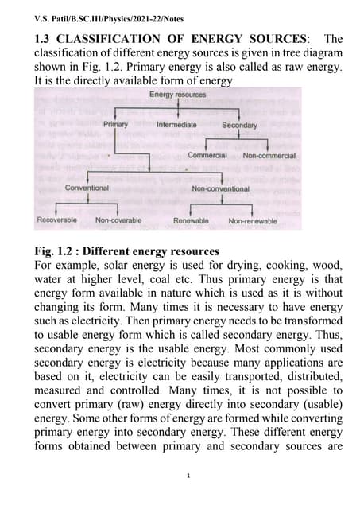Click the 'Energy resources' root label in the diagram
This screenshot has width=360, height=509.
(x=178, y=95)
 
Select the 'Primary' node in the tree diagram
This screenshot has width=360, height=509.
(x=115, y=125)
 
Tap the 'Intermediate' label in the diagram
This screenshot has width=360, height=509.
(x=177, y=125)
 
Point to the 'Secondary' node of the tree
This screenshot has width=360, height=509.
(x=239, y=126)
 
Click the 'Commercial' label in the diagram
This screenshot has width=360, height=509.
(x=207, y=156)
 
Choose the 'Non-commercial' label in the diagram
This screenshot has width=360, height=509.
(x=269, y=156)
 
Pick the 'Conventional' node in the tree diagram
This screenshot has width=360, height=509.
(x=87, y=188)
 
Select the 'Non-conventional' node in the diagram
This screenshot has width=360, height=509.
(x=220, y=189)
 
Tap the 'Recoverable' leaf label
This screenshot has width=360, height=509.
(x=57, y=220)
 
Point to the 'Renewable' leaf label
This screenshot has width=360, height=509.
(x=191, y=221)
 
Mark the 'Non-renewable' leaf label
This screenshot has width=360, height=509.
(x=253, y=221)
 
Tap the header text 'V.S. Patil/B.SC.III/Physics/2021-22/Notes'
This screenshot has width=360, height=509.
(x=99, y=14)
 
